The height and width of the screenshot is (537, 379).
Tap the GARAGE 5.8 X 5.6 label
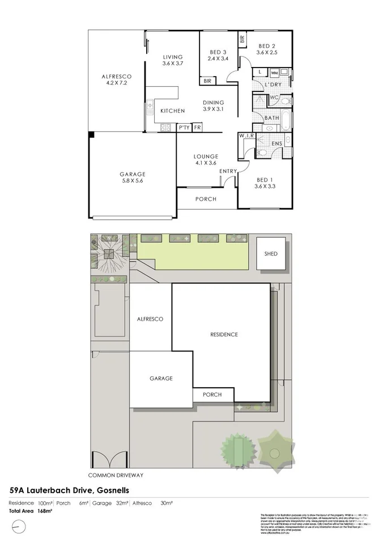point(132,178)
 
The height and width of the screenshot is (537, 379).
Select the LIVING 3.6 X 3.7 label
point(173,60)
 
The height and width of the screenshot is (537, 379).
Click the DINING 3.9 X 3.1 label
point(214,106)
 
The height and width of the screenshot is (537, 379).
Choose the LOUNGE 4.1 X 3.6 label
point(206,160)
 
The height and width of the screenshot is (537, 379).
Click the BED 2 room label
point(266,49)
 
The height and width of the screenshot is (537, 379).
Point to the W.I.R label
point(246,136)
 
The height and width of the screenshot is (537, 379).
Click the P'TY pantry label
point(184,128)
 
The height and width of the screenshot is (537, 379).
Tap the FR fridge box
point(197,128)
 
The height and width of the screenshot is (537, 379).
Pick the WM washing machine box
point(274,73)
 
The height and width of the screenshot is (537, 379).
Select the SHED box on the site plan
point(271,253)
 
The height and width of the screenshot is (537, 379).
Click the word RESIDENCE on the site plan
point(224,334)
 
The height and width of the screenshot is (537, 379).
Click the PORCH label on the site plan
point(212,395)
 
